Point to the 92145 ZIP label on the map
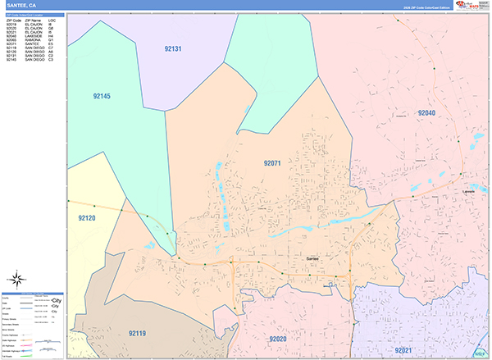pos(102,96)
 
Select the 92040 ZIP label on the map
pos(427,112)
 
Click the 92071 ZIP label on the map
pos(272,163)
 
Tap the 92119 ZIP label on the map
pos(137,333)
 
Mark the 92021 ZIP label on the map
pos(403,349)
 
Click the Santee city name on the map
pos(312,258)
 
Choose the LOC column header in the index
pos(52,19)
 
